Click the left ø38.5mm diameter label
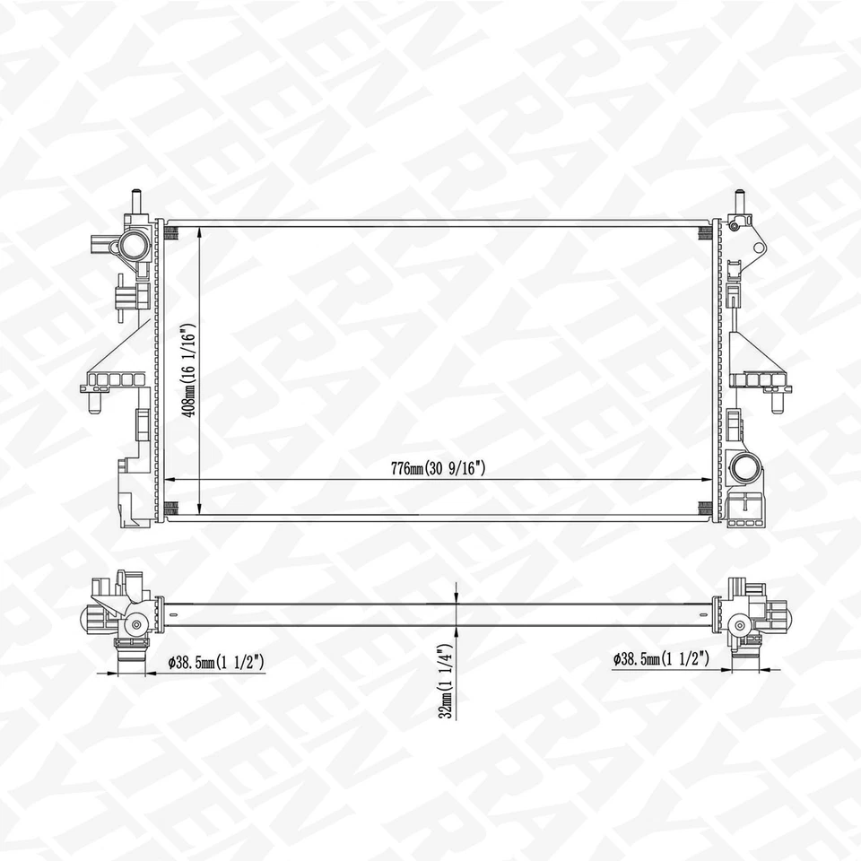tap(215, 662)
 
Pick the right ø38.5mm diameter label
tap(661, 659)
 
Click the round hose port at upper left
tap(134, 243)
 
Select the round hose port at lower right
tap(744, 467)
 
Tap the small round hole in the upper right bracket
tap(734, 225)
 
